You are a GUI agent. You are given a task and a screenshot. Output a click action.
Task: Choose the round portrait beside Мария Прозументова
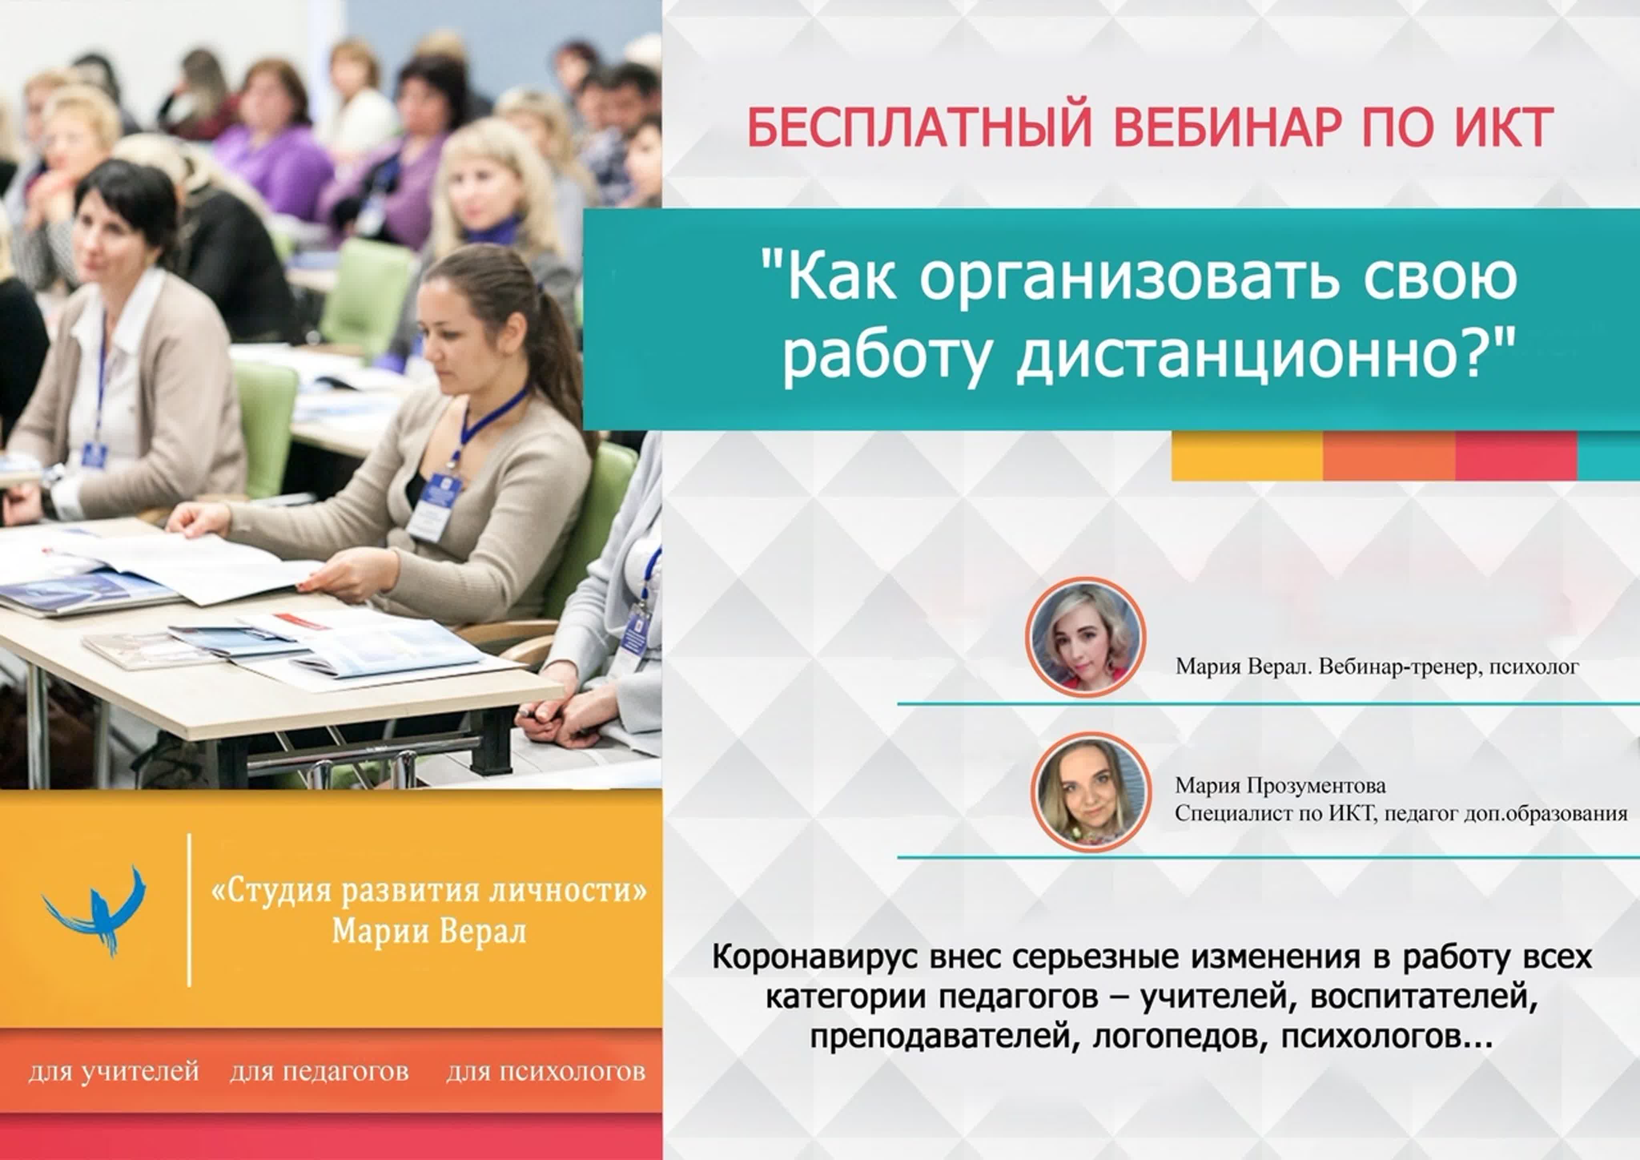tap(1092, 792)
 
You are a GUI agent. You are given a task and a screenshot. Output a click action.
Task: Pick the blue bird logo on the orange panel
tap(96, 910)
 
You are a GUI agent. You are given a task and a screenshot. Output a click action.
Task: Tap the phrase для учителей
tap(114, 1072)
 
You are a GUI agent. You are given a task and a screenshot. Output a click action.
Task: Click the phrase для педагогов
tap(319, 1072)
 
